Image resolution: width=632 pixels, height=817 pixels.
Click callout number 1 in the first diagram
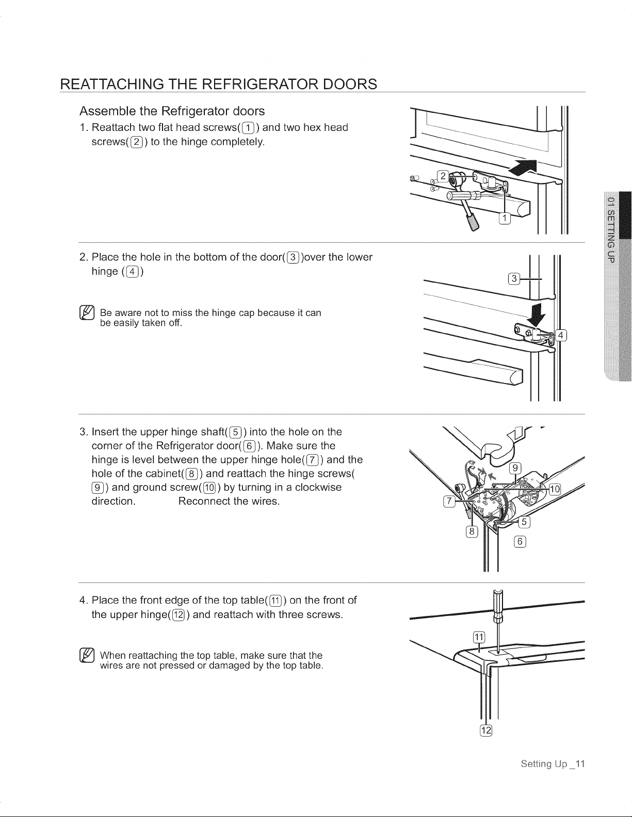pyautogui.click(x=505, y=218)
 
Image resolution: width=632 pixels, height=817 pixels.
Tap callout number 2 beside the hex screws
pyautogui.click(x=443, y=176)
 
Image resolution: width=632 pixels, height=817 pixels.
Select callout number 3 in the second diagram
pyautogui.click(x=514, y=279)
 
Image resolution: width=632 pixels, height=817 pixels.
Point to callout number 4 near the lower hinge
pyautogui.click(x=561, y=335)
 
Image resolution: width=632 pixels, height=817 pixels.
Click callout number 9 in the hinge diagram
pyautogui.click(x=515, y=468)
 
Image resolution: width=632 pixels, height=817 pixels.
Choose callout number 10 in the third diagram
pyautogui.click(x=555, y=489)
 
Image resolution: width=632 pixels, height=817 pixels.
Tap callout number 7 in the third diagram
pyautogui.click(x=449, y=501)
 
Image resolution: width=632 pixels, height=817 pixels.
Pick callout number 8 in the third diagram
pyautogui.click(x=472, y=532)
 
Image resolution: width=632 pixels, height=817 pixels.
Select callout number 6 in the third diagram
pyautogui.click(x=520, y=541)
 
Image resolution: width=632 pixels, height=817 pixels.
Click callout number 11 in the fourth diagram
pyautogui.click(x=479, y=637)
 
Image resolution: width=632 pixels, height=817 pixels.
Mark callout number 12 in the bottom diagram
pyautogui.click(x=486, y=730)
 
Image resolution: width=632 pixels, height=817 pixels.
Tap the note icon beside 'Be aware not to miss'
pyautogui.click(x=87, y=313)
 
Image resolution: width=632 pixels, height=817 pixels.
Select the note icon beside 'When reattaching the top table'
pyautogui.click(x=87, y=656)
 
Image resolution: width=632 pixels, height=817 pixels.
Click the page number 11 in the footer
pyautogui.click(x=580, y=763)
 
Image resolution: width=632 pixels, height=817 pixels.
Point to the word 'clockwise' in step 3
pyautogui.click(x=318, y=487)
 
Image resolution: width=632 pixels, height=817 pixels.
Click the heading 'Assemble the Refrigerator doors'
pyautogui.click(x=172, y=111)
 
